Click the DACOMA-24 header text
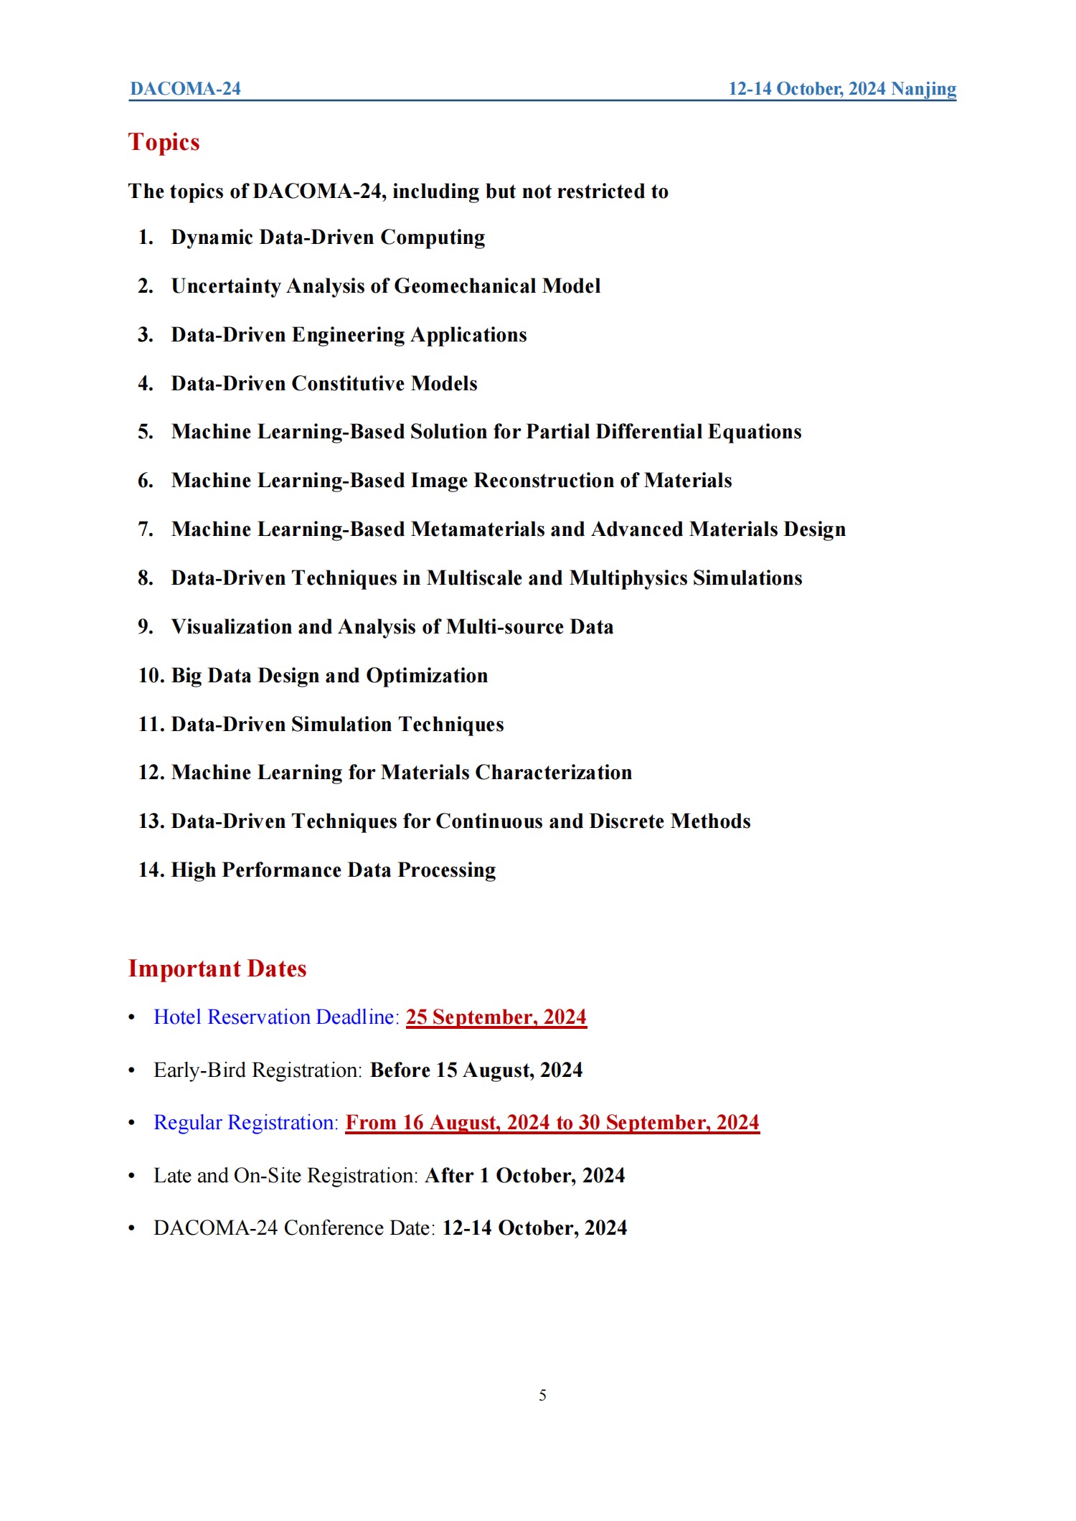pos(185,89)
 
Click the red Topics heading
pos(164,142)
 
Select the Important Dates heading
pos(217,969)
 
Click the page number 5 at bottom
pos(542,1395)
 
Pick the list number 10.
pos(151,676)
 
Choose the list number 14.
pos(151,870)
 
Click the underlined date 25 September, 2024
pos(496,1017)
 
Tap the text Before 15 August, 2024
pos(476,1070)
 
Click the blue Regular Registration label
pos(245,1123)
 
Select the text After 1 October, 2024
pos(524,1176)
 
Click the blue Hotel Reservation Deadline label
pos(276,1017)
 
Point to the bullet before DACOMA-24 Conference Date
pos(131,1228)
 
